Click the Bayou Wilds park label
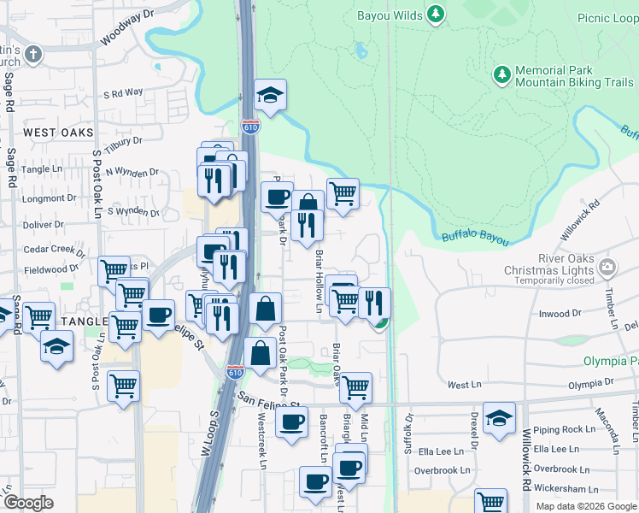tap(389, 14)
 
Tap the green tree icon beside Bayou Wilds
tap(436, 14)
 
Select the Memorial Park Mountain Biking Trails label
tap(574, 76)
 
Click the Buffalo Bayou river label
tap(474, 239)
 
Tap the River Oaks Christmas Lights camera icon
tap(607, 266)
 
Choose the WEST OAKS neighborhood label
tap(57, 133)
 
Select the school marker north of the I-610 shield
tap(270, 96)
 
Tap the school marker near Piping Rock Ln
tap(499, 419)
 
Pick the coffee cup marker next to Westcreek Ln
tap(291, 422)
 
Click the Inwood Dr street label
tap(560, 314)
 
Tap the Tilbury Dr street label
tap(125, 141)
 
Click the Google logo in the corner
tap(28, 502)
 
